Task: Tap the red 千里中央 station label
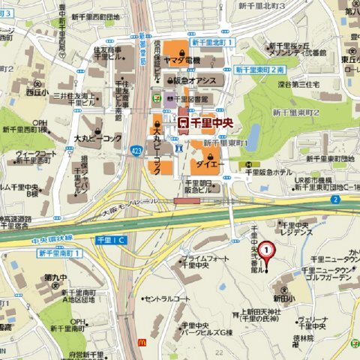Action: click(207, 120)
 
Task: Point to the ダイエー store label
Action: click(209, 160)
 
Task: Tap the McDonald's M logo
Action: click(142, 340)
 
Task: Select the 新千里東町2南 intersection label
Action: click(259, 70)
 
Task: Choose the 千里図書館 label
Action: click(198, 97)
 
